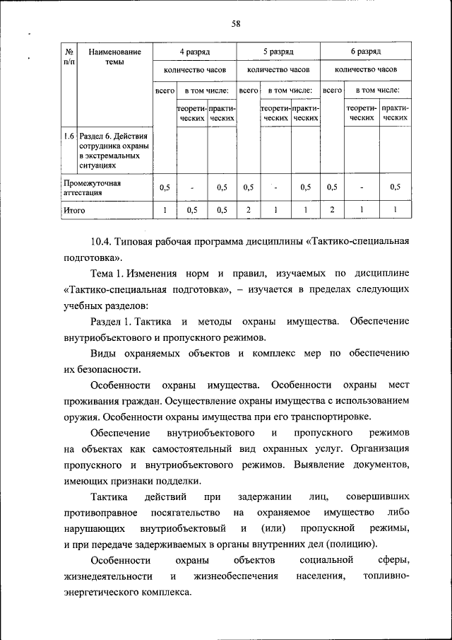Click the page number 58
click(237, 24)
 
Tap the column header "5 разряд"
click(278, 52)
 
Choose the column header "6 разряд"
click(366, 52)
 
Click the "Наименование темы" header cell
click(114, 57)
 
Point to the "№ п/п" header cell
click(69, 57)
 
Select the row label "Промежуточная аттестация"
click(92, 187)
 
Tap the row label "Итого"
click(74, 210)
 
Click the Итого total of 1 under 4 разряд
click(165, 210)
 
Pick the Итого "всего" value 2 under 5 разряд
click(248, 210)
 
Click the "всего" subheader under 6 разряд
click(332, 91)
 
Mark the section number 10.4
click(103, 243)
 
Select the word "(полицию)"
click(352, 544)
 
